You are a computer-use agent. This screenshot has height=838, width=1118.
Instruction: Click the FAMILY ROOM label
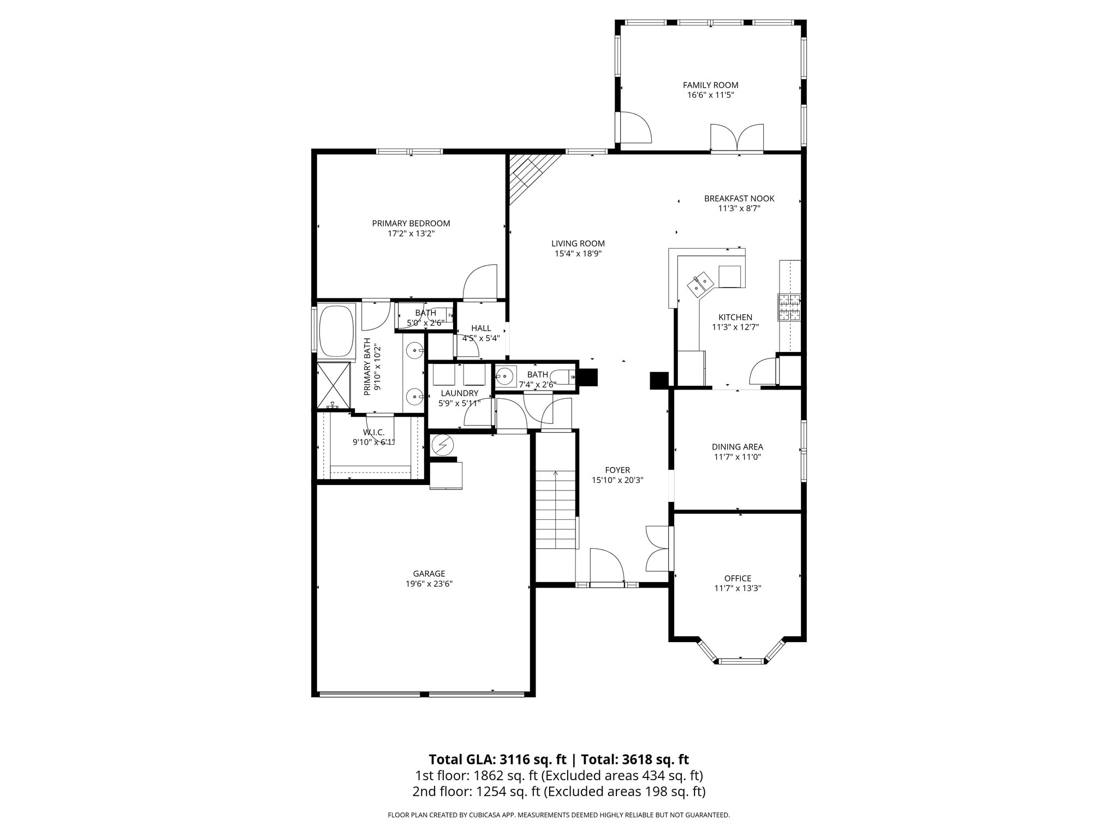710,85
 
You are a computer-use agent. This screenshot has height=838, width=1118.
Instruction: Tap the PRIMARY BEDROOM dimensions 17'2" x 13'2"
411,234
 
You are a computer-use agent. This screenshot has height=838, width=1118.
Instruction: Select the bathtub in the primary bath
336,331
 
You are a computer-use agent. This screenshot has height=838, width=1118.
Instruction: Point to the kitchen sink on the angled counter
700,285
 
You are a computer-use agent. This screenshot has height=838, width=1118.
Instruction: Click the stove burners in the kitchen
789,307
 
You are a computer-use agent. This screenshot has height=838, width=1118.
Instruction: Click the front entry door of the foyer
606,567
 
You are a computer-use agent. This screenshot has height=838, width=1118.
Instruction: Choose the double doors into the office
658,548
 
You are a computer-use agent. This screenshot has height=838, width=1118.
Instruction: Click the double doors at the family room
736,137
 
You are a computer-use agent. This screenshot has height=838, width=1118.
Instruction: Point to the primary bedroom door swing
480,283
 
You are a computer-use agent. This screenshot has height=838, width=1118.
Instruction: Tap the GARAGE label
429,573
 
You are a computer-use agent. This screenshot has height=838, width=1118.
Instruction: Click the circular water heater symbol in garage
443,445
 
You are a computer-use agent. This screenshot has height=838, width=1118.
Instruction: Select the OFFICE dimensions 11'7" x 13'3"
738,588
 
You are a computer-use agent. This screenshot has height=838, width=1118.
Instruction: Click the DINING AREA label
738,447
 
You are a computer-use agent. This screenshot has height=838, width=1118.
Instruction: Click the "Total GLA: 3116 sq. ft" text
497,759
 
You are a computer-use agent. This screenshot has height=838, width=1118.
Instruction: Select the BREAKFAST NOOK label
739,199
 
